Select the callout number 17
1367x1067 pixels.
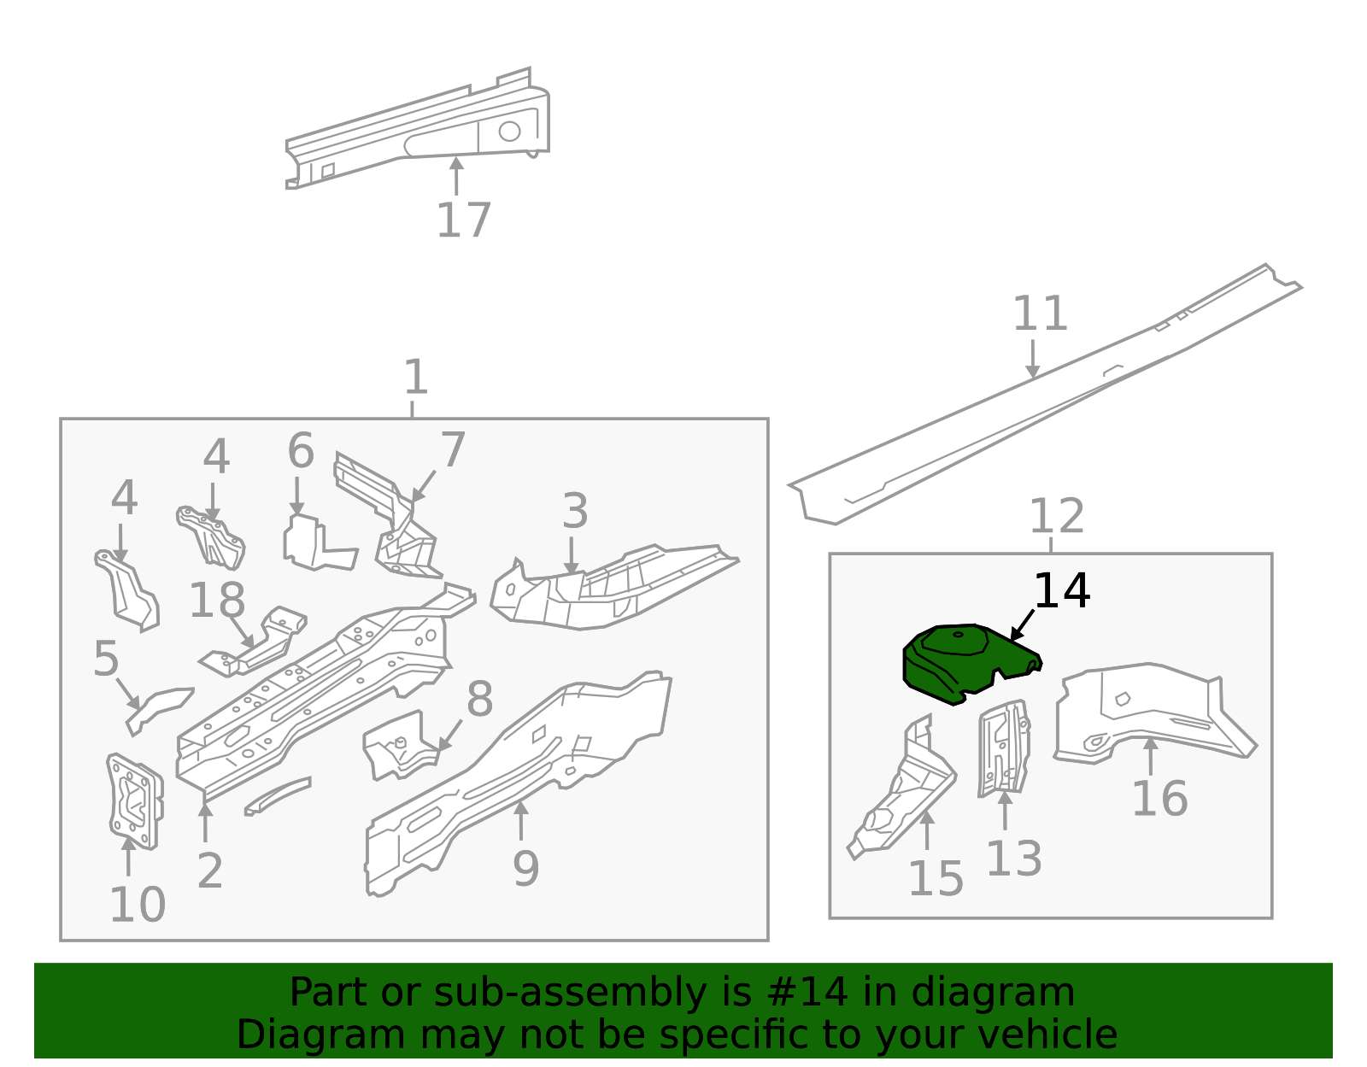coord(463,220)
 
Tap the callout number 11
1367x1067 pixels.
coord(1040,314)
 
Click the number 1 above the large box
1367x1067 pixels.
coord(415,377)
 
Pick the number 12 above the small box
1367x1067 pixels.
coord(1056,516)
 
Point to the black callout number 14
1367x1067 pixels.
coord(1061,590)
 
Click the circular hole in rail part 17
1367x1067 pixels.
coord(509,131)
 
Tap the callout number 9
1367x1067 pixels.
coord(525,868)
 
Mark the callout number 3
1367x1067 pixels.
coord(574,511)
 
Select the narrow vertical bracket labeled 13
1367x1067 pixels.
coord(1004,748)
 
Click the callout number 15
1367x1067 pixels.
coord(935,878)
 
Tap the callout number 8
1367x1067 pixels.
coord(479,699)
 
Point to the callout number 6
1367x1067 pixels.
coord(300,450)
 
